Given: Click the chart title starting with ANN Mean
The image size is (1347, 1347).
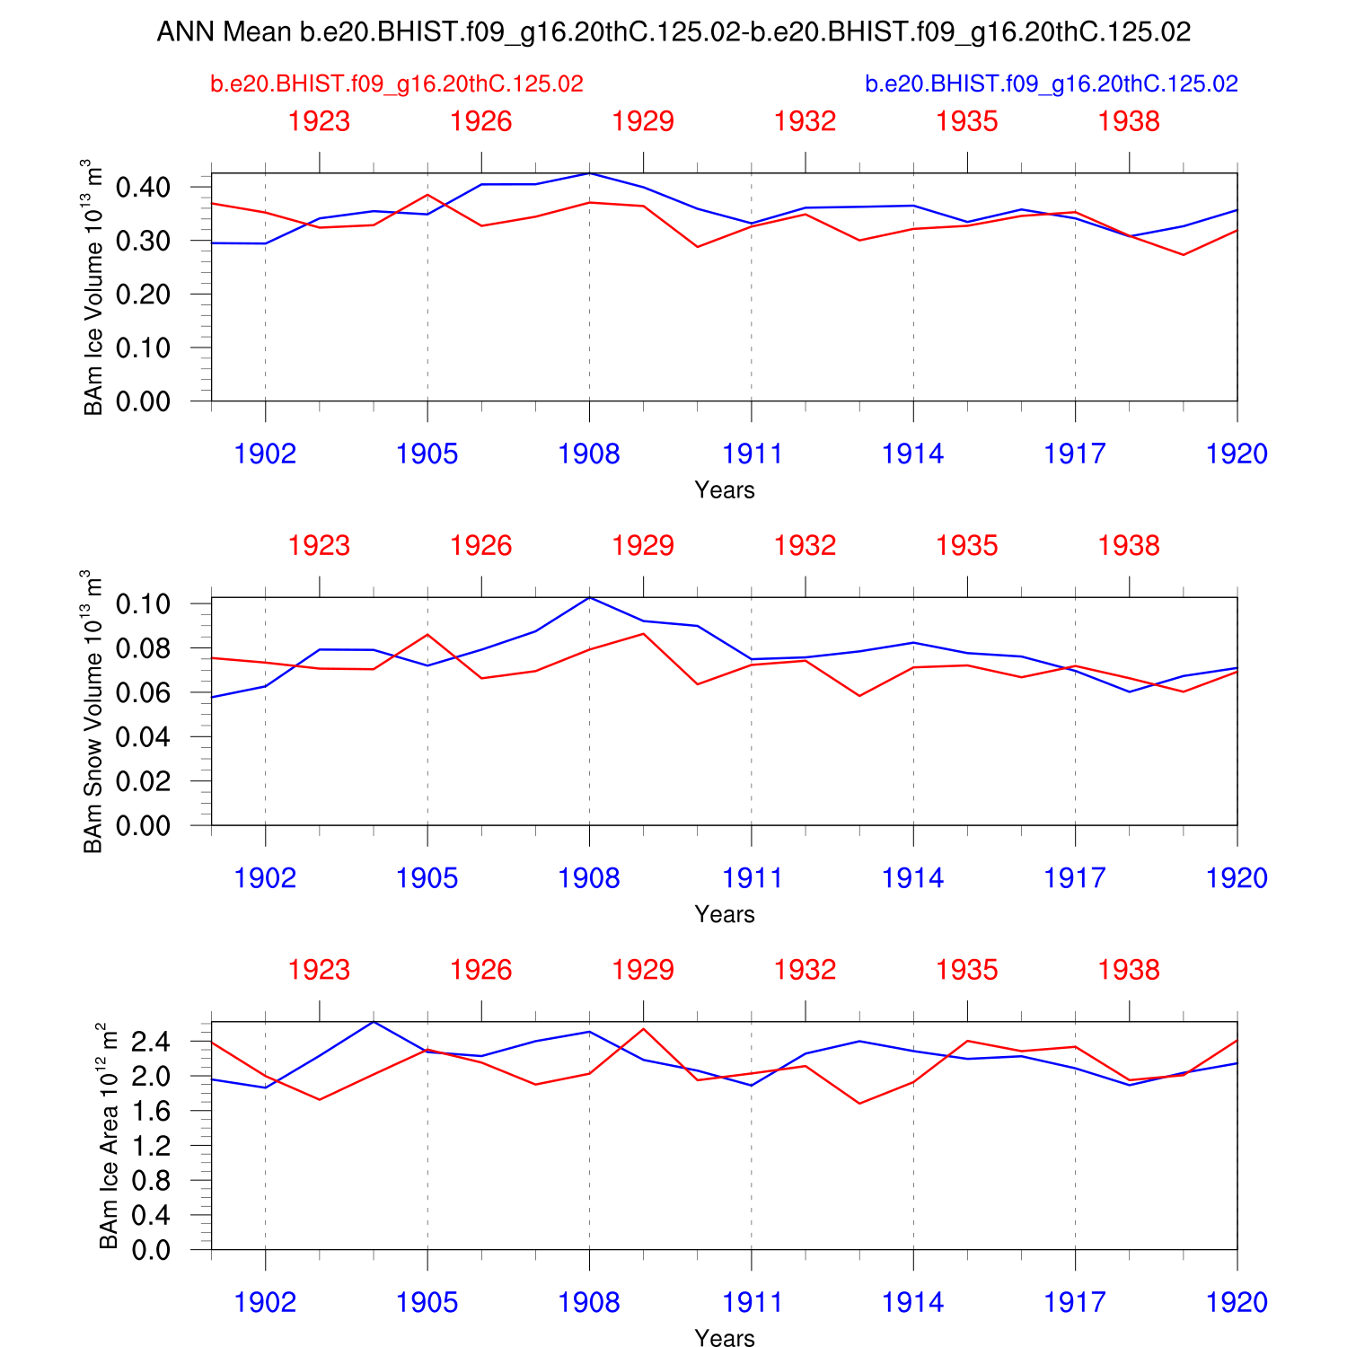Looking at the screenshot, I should [673, 32].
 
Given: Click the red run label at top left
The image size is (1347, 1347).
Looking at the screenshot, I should [397, 84].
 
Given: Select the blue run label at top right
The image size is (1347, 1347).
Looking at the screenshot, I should [1052, 84].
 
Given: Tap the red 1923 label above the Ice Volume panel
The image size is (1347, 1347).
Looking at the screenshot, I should [319, 121].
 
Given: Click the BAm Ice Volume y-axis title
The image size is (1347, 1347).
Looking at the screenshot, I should [92, 287].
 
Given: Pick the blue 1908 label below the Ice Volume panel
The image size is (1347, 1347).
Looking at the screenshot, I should [589, 453].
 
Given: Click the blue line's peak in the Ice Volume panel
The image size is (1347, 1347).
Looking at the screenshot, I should [589, 172].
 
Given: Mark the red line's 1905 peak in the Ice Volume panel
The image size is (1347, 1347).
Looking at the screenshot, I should [427, 195].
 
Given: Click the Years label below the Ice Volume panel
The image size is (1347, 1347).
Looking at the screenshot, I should [725, 490].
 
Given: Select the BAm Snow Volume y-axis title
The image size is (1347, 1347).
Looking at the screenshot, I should [92, 711].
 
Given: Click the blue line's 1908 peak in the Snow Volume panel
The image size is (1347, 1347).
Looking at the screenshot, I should [589, 597].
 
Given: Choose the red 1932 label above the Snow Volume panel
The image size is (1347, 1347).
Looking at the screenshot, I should [806, 546].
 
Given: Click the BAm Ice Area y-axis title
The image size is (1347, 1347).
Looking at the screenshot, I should [109, 1135].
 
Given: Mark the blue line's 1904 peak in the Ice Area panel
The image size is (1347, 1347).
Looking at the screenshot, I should [374, 1022].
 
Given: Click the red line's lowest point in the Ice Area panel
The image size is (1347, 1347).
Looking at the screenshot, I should [859, 1104].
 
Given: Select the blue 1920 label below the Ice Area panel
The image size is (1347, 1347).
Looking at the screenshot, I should [1237, 1302].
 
